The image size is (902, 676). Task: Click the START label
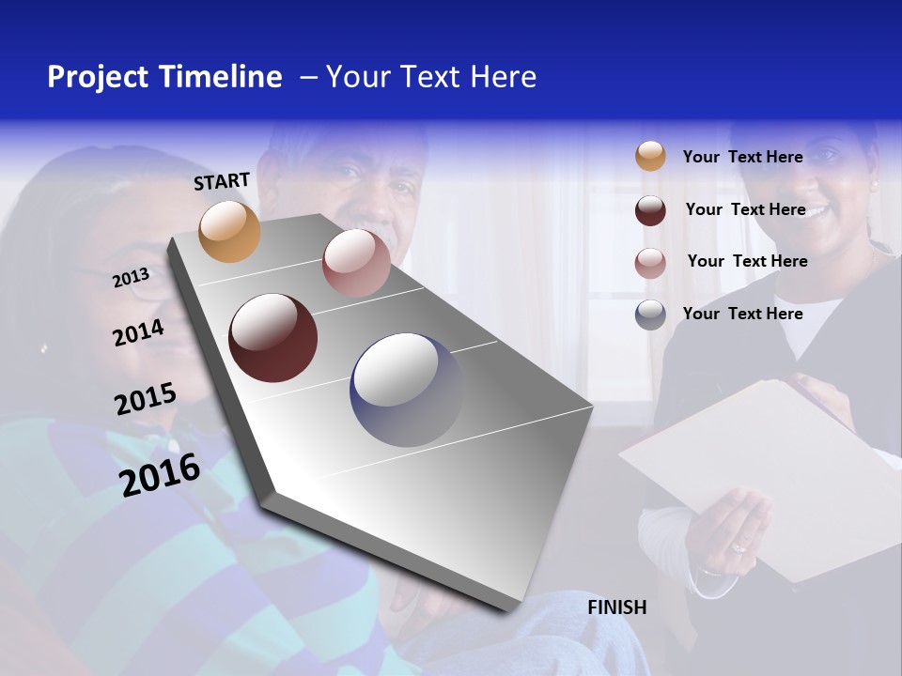tap(222, 181)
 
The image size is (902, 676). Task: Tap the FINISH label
tap(617, 607)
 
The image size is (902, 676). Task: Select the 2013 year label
tap(131, 277)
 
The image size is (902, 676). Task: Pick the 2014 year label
tap(138, 332)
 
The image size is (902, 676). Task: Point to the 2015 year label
tap(146, 398)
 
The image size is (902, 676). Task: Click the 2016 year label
tap(160, 474)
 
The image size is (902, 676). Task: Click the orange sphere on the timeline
tap(230, 231)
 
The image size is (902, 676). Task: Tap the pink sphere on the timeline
tap(356, 263)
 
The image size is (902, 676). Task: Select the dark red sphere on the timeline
tap(273, 338)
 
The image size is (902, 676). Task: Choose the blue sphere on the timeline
tap(406, 389)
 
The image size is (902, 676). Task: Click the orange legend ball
tap(650, 156)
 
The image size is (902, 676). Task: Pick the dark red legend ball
tap(650, 210)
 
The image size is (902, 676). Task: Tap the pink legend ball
tap(650, 263)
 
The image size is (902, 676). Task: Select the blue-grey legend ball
tap(650, 315)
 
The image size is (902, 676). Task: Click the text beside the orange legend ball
tap(742, 157)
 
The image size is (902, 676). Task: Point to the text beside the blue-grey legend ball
tap(742, 314)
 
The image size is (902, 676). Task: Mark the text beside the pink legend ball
tap(747, 261)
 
